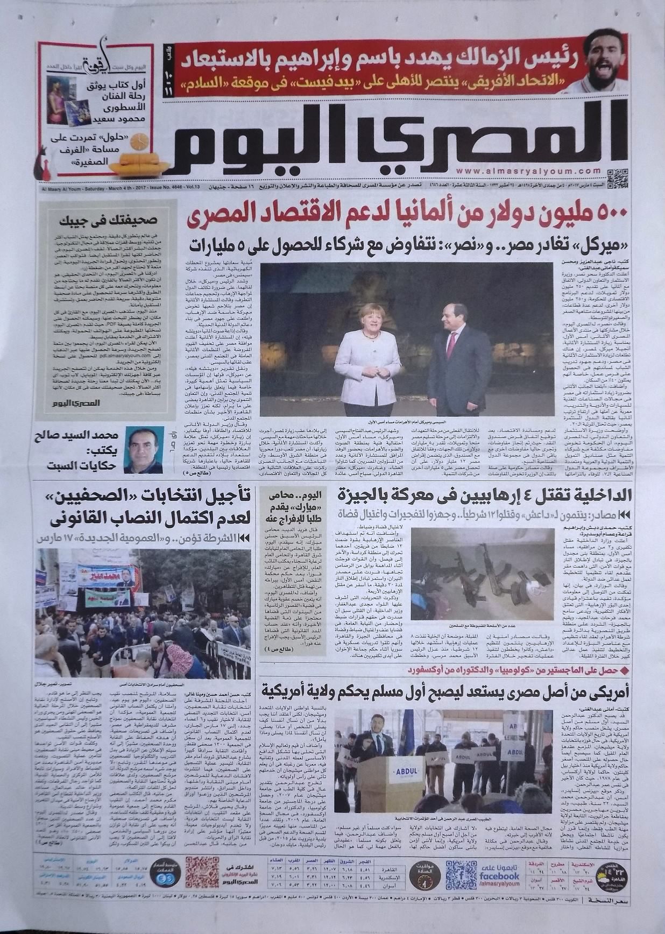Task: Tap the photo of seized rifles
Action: tap(482, 574)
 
